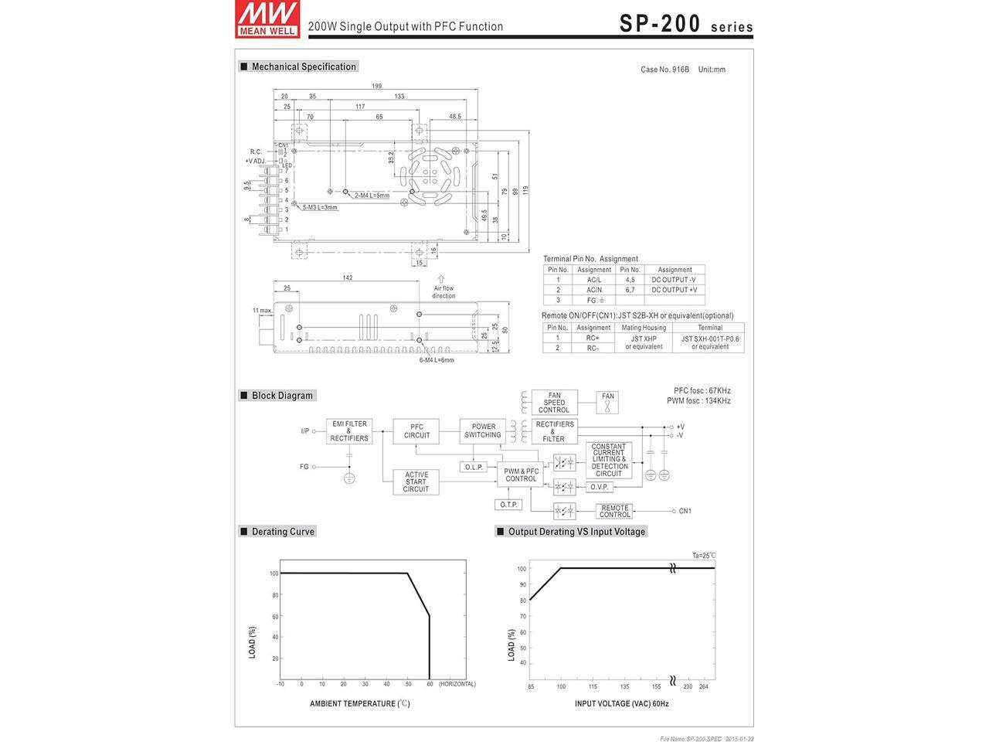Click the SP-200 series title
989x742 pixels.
(x=685, y=24)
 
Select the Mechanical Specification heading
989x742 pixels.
(x=303, y=67)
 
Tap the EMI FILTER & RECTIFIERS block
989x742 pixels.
(x=349, y=431)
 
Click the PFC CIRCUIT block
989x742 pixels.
(x=416, y=431)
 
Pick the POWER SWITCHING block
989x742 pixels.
(x=483, y=431)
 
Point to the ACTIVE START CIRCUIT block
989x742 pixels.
(x=416, y=482)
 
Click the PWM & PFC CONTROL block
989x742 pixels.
(x=521, y=475)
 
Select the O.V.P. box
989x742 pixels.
(x=600, y=487)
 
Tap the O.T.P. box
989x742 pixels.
(x=508, y=505)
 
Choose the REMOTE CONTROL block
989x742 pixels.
(x=614, y=511)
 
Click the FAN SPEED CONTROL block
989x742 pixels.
(x=554, y=403)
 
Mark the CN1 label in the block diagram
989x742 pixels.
(x=685, y=511)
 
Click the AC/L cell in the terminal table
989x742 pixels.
(x=593, y=280)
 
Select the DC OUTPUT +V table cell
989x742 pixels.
(x=674, y=290)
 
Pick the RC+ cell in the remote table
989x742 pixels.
(x=593, y=338)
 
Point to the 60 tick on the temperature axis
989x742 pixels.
(x=430, y=684)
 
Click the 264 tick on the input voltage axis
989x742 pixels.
(x=703, y=686)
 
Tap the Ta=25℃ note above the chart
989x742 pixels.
(x=704, y=555)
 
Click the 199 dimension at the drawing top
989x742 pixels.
(x=376, y=87)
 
